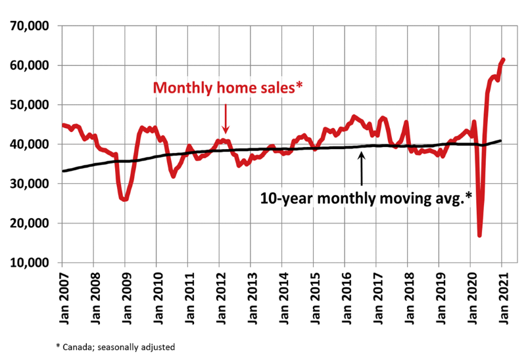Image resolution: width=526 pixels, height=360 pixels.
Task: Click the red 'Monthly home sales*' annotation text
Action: [x=227, y=87]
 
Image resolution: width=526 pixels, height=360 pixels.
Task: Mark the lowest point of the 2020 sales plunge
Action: [x=480, y=235]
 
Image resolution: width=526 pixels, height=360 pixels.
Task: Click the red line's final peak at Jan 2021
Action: [x=503, y=60]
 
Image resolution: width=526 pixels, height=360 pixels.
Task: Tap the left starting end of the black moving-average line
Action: [x=63, y=171]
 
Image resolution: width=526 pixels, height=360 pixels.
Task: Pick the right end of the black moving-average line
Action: [x=502, y=141]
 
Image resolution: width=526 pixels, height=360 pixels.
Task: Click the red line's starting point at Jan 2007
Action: [x=63, y=125]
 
